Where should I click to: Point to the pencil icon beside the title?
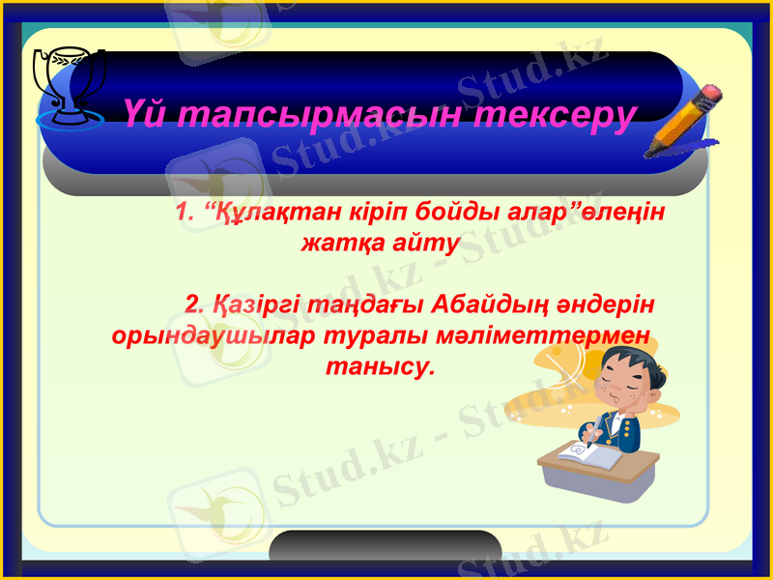pos(684,120)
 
